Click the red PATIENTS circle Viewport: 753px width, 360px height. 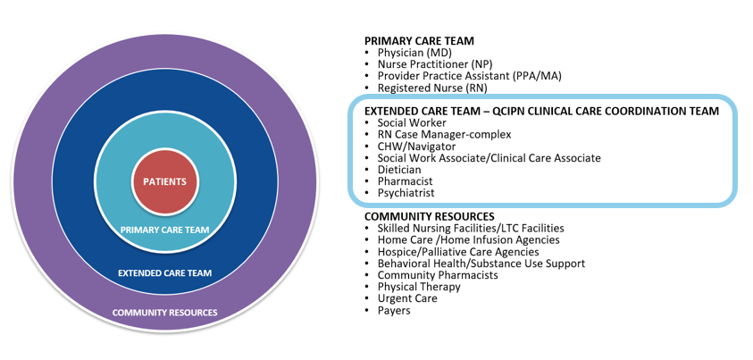pos(164,181)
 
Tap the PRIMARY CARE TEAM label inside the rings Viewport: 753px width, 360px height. pos(164,230)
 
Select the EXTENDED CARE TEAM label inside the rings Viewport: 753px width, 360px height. pos(164,272)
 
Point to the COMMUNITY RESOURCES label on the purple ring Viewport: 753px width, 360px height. pos(164,313)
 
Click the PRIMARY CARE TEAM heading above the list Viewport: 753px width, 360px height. pos(419,41)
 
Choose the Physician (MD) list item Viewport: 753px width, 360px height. pos(414,53)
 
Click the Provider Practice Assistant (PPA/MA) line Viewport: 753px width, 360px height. pos(469,76)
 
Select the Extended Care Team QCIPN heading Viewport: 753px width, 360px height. pos(541,111)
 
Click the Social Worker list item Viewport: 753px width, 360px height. pos(411,122)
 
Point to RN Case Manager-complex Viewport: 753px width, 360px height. pos(444,134)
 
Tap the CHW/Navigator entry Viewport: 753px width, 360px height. pos(416,146)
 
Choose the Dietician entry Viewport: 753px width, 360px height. pos(399,169)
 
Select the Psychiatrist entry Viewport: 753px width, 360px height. pos(406,192)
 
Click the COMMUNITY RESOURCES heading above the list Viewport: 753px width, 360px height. pos(429,216)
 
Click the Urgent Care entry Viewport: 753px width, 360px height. pos(406,298)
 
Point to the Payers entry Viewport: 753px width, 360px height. pos(393,310)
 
